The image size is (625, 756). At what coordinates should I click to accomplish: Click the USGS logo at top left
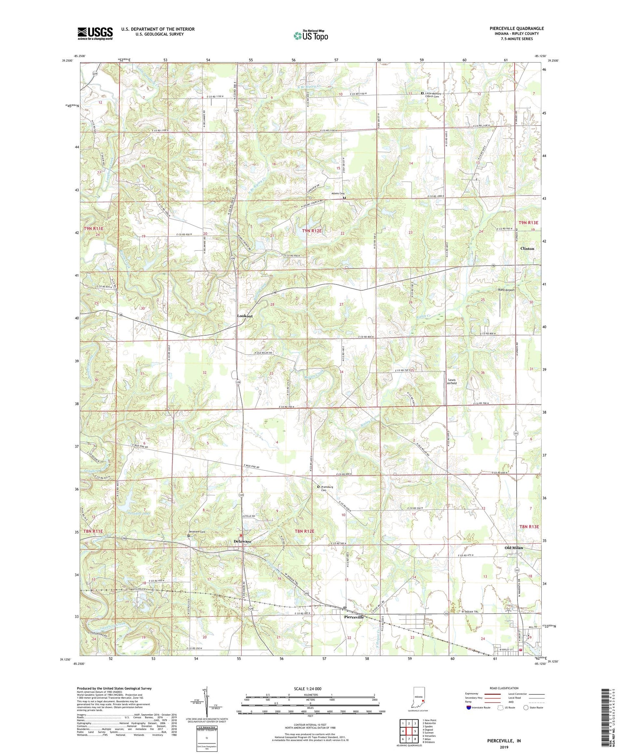tap(95, 33)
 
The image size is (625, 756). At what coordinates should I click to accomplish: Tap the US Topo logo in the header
tap(310, 35)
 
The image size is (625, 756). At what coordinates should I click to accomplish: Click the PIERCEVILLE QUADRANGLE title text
tap(511, 29)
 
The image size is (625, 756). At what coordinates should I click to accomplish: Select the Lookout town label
tap(245, 316)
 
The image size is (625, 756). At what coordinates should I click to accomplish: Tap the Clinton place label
tap(527, 249)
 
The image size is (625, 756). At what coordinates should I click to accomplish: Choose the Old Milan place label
tap(513, 548)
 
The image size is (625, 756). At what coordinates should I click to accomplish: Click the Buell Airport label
tap(506, 290)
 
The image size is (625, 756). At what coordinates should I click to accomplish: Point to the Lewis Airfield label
tap(452, 382)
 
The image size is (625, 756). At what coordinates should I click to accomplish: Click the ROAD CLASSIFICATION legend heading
tap(504, 688)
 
